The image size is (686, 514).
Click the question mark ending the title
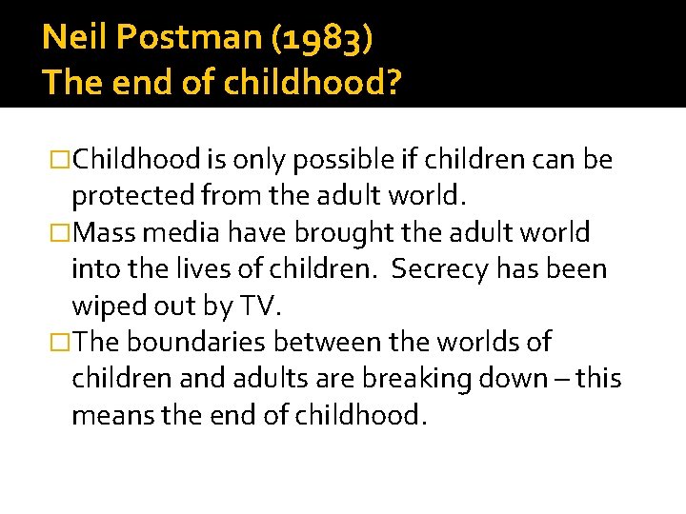[x=393, y=84]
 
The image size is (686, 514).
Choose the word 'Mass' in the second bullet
[x=103, y=232]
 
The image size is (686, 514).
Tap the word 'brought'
[x=344, y=232]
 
